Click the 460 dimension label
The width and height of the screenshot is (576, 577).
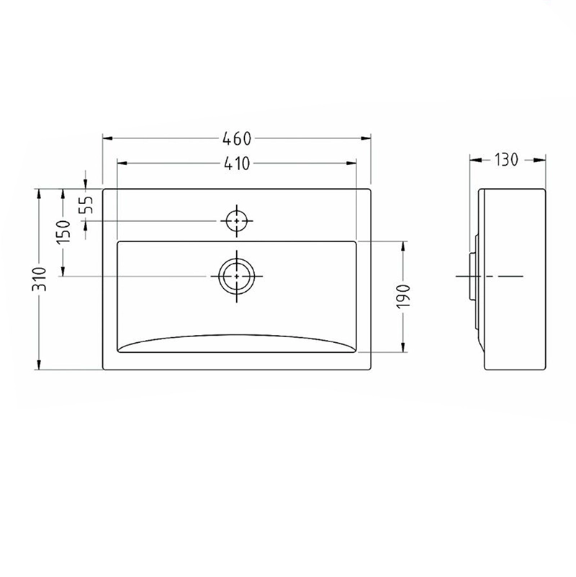[x=237, y=138]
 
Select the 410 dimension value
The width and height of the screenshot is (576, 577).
[x=237, y=164]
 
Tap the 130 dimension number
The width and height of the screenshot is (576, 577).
[x=505, y=160]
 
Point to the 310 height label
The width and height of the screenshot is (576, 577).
[x=40, y=279]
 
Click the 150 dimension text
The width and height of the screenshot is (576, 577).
[x=63, y=232]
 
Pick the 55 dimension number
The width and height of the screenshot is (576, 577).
[x=86, y=205]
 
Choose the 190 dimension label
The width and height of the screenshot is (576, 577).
[x=403, y=296]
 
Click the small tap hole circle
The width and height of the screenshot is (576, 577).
[x=236, y=220]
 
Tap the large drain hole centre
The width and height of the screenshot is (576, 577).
[x=236, y=276]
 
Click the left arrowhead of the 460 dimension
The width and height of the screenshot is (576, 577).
[x=107, y=138]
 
